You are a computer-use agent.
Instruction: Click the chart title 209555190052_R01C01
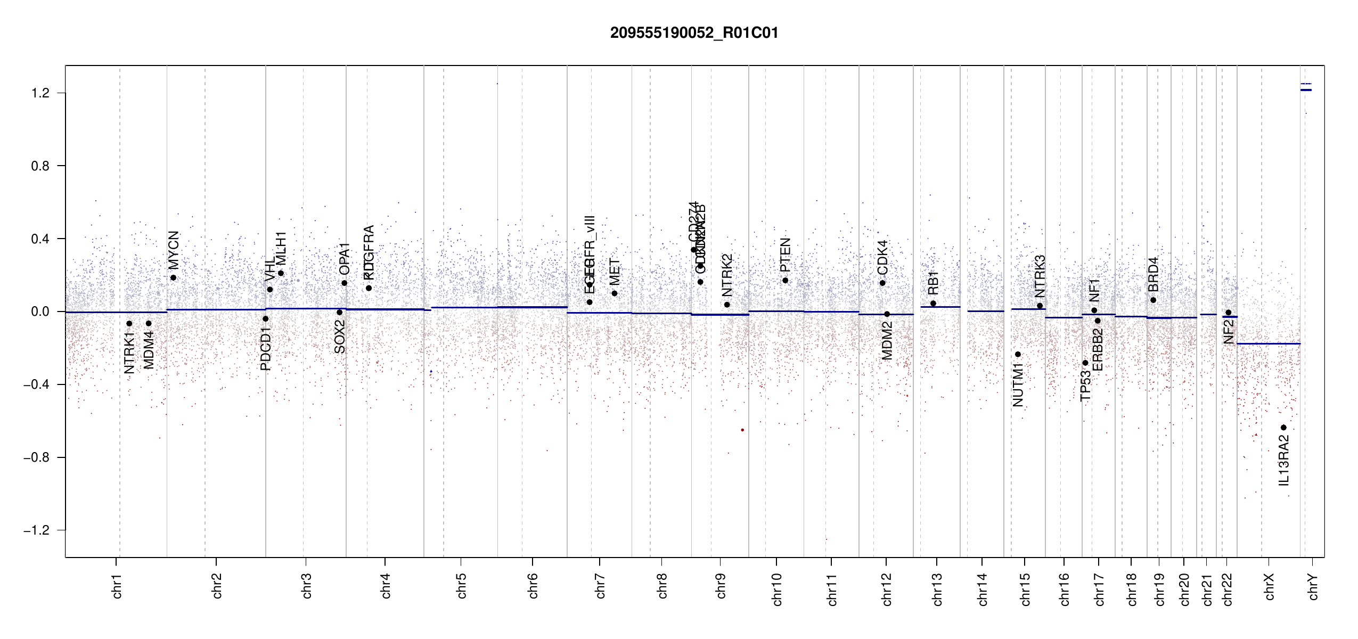[694, 33]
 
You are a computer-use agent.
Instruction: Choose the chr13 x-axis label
[937, 589]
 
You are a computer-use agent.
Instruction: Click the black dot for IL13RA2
[1283, 428]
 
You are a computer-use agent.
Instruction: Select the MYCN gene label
[174, 250]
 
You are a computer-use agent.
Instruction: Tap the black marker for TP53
[1085, 363]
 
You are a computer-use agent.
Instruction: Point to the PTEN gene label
[785, 255]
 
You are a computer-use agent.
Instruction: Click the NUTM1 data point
[1018, 354]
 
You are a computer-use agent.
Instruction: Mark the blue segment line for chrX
[1268, 344]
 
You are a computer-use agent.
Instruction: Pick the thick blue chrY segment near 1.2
[1306, 90]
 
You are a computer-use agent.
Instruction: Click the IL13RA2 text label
[1284, 460]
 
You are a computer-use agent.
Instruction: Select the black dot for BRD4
[1153, 300]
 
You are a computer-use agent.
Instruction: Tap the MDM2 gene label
[887, 341]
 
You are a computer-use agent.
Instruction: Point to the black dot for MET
[615, 293]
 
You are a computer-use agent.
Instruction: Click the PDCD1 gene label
[266, 349]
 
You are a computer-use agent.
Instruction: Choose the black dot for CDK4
[882, 283]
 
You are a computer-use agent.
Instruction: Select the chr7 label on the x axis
[600, 586]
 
